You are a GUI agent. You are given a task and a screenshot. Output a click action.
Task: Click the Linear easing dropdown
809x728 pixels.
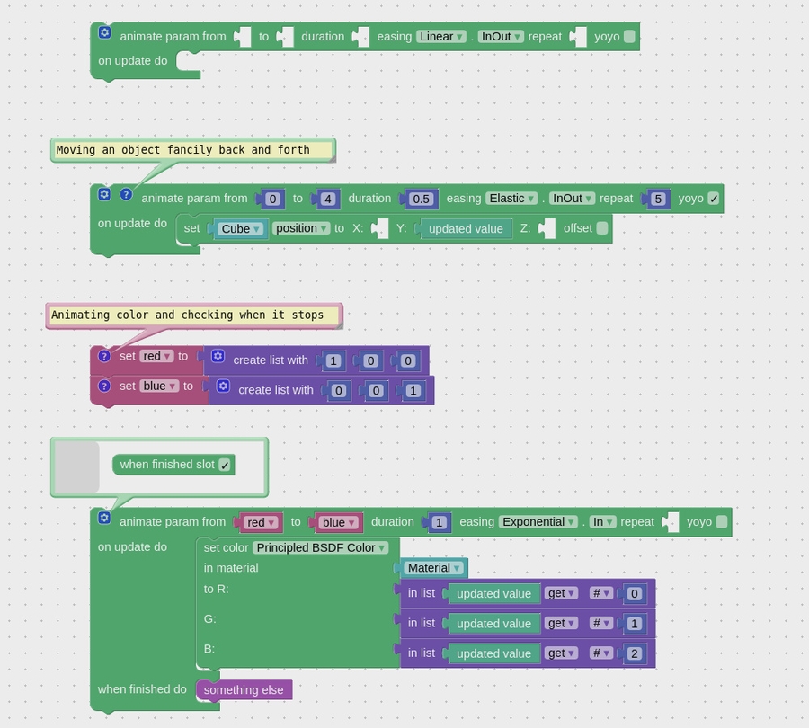click(440, 37)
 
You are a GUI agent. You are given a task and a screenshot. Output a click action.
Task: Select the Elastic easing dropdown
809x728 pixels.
click(511, 199)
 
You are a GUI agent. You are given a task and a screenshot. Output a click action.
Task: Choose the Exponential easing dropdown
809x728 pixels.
click(538, 522)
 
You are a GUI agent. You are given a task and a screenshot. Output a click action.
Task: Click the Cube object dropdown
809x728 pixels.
click(240, 228)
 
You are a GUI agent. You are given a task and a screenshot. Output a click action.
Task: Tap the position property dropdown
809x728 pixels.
click(300, 228)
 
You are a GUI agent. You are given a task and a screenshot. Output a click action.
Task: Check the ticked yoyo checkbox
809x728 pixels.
click(714, 199)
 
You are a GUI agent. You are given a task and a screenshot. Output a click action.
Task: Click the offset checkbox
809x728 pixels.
click(602, 228)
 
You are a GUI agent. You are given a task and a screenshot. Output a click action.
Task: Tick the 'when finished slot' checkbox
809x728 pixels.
click(225, 465)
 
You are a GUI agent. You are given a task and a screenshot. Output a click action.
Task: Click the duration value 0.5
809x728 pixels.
click(420, 199)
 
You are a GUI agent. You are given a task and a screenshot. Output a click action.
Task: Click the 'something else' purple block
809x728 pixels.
click(244, 690)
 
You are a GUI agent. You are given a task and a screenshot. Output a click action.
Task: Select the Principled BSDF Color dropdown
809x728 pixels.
click(320, 547)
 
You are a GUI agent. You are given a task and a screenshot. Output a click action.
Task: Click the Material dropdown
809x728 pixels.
click(433, 568)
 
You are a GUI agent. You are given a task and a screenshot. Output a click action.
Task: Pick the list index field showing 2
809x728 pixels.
click(635, 653)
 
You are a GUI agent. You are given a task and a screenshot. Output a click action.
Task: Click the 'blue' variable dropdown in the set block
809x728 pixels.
click(159, 386)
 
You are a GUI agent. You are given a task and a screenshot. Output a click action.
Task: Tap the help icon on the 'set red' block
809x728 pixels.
click(104, 357)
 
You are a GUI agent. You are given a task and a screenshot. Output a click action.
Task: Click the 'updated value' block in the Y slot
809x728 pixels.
click(466, 228)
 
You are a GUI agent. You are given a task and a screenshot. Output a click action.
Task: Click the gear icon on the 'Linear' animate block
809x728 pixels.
click(104, 32)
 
